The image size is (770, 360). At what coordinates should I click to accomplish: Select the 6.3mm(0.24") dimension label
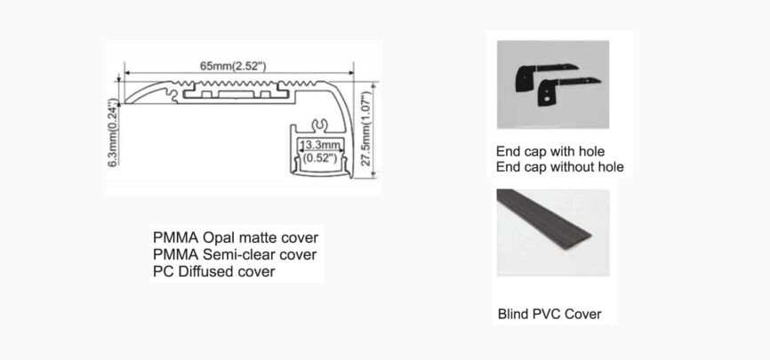pos(113,128)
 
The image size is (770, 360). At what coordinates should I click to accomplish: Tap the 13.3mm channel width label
pos(318,144)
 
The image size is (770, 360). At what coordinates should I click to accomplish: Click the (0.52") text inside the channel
pos(318,157)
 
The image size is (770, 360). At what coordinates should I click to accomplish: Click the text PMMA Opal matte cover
pos(235,238)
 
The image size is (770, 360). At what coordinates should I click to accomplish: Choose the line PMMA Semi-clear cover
pos(234,255)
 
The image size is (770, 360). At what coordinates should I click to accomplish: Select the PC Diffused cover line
pos(213,272)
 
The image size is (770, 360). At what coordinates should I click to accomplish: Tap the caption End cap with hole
pos(550,151)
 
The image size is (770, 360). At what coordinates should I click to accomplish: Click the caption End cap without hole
pos(559,166)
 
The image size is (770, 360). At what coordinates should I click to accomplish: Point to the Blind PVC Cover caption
pos(549,314)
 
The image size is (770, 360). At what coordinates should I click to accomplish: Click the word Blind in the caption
pos(513,314)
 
